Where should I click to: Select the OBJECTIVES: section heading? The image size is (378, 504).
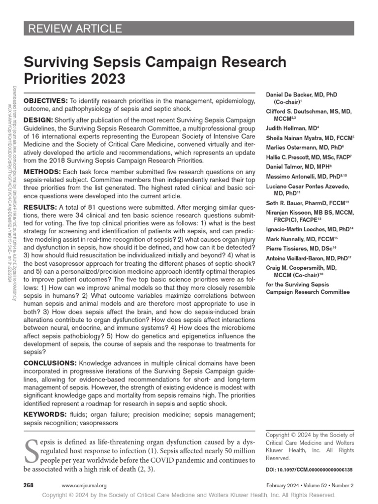coord(46,100)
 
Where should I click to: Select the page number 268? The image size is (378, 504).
coord(29,485)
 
